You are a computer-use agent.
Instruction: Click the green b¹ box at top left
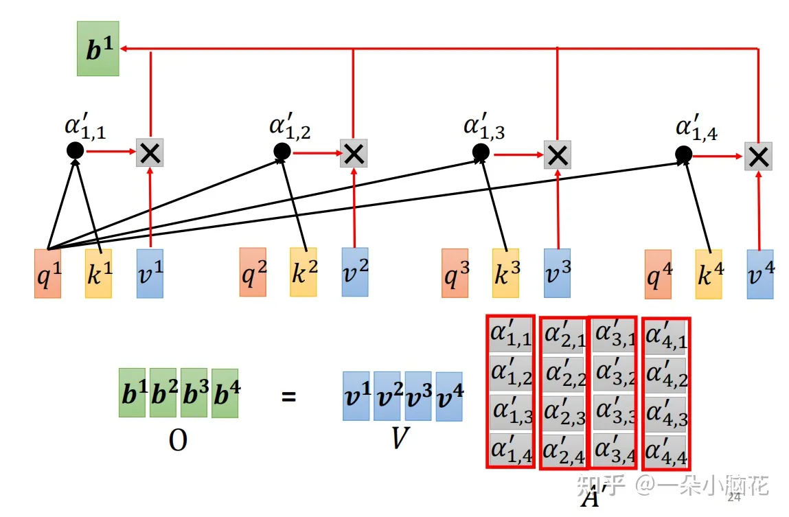(98, 49)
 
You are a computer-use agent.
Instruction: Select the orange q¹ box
(47, 273)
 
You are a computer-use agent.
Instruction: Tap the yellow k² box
(304, 272)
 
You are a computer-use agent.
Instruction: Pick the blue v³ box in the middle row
(557, 273)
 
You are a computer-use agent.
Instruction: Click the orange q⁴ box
(658, 274)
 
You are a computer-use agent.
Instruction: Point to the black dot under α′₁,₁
(75, 150)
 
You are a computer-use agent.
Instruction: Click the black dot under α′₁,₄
(683, 154)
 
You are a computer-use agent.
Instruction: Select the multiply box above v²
(354, 153)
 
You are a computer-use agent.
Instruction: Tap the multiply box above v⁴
(758, 156)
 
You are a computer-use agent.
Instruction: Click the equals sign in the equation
(289, 396)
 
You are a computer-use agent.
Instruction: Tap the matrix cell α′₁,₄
(511, 451)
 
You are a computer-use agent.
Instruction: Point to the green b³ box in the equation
(194, 393)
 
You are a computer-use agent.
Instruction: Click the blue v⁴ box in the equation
(449, 396)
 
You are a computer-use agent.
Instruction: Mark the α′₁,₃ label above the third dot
(484, 127)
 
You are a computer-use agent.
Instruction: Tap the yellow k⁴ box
(709, 274)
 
